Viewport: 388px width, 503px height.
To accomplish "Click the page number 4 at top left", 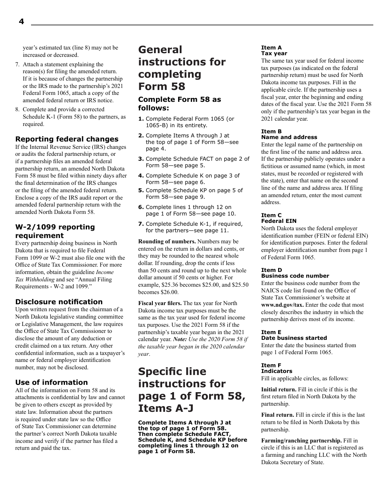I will point(21,22).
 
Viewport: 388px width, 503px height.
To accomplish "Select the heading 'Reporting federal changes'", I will point(67,139).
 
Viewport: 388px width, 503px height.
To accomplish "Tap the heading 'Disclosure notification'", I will point(59,302).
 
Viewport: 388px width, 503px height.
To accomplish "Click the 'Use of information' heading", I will point(51,382).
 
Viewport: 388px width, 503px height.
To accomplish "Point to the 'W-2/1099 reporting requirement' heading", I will point(55,231).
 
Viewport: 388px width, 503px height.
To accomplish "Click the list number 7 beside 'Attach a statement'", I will point(17,64).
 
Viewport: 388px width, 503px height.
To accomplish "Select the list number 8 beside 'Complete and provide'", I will point(17,109).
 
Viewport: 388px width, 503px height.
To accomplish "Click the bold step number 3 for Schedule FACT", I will point(140,159).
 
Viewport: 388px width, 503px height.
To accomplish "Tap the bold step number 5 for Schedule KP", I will point(140,190).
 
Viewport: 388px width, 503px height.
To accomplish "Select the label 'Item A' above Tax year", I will point(271,48).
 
